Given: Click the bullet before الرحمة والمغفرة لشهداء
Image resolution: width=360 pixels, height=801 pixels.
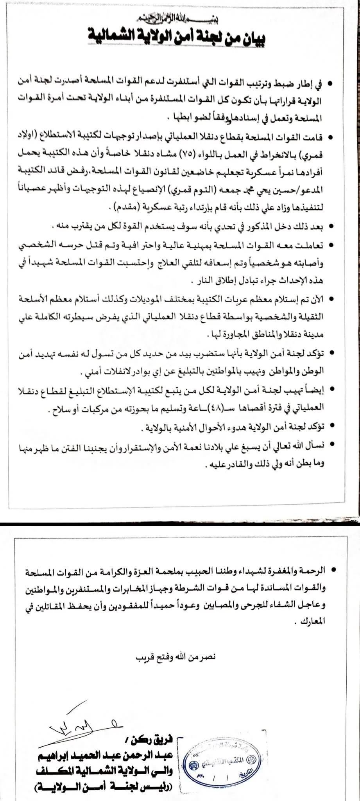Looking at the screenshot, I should coord(333,571).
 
